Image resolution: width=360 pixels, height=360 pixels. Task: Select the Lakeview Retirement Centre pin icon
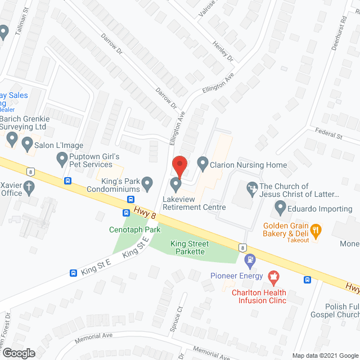pyautogui.click(x=176, y=184)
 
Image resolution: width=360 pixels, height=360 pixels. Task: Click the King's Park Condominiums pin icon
pyautogui.click(x=147, y=182)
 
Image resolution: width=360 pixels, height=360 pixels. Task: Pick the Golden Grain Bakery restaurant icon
pyautogui.click(x=316, y=229)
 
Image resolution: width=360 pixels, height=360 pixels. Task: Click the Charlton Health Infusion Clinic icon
pyautogui.click(x=273, y=276)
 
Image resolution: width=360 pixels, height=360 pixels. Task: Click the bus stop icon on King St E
pyautogui.click(x=73, y=273)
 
